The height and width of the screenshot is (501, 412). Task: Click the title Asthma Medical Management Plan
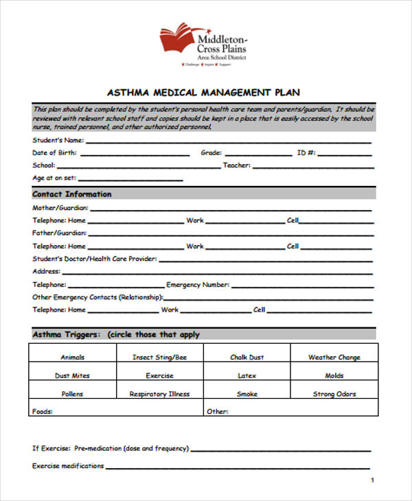203,92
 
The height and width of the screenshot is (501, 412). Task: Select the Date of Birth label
54,153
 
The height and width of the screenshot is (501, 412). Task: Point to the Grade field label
211,153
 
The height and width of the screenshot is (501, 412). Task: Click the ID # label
306,153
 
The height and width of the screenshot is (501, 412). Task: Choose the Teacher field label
237,165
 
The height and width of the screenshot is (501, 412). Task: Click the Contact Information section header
71,194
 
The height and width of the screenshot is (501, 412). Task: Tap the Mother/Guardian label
60,207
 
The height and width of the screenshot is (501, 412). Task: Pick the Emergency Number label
198,285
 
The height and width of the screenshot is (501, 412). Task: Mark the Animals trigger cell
72,358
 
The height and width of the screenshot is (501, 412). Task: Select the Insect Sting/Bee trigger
159,358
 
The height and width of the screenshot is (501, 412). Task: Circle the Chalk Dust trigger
247,358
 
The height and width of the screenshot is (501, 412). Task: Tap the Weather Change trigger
334,358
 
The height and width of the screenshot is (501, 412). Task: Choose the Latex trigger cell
247,376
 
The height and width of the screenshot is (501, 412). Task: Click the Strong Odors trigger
334,395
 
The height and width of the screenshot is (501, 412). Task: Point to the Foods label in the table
43,412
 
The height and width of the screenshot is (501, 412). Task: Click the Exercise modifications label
68,466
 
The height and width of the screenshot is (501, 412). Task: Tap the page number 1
372,480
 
